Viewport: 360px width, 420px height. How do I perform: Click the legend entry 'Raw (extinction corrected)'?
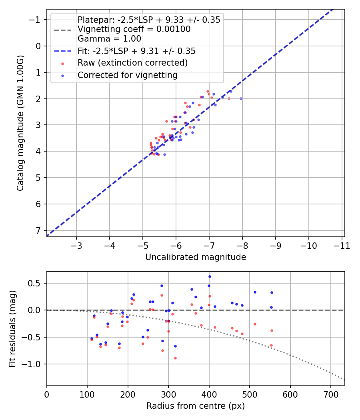pos(132,63)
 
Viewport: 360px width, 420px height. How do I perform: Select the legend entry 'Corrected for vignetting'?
pos(127,75)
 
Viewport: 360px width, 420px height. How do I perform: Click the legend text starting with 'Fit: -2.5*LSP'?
pos(136,51)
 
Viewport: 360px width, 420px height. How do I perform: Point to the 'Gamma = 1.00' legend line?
pos(109,39)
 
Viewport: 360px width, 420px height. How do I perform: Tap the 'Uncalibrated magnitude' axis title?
pos(196,257)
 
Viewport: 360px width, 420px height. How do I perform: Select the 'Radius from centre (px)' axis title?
pos(196,406)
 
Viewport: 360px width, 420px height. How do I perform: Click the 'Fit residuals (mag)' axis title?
pos(12,328)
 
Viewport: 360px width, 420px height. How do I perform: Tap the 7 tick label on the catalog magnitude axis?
pos(39,230)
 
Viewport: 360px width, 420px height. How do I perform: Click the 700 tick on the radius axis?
pos(290,394)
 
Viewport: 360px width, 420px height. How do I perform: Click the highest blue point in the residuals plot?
pos(210,276)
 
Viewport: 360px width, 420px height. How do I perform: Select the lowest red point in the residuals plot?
pos(175,358)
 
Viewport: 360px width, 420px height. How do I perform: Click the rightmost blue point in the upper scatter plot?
pos(241,98)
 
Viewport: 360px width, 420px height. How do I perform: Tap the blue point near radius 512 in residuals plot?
pos(255,292)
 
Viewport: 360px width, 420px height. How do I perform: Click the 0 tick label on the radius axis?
pos(47,394)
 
